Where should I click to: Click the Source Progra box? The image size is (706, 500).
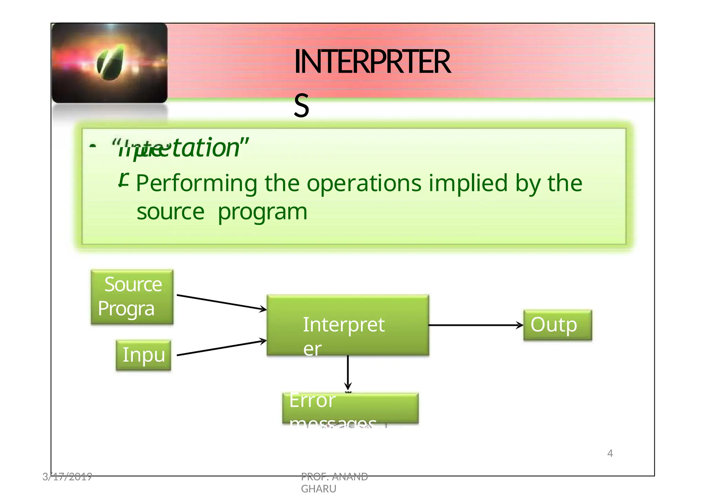(132, 297)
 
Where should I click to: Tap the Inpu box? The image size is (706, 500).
(143, 355)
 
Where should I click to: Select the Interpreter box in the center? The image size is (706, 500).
(347, 325)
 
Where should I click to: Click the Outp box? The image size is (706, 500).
(557, 325)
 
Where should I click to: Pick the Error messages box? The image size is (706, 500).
(350, 408)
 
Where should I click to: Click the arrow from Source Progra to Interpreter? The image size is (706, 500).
(221, 302)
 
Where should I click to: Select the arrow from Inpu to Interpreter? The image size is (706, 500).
(221, 348)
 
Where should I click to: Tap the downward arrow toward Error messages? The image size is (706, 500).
(348, 372)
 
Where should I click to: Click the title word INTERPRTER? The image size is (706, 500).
(372, 62)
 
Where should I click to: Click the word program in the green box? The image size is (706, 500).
(262, 212)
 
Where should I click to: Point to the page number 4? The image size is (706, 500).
(610, 453)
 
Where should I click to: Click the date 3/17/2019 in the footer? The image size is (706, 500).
(67, 477)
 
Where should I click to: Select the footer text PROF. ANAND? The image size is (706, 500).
(334, 477)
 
